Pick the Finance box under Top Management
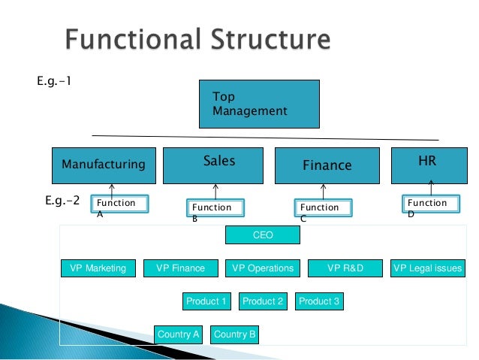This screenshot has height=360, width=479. point(327,165)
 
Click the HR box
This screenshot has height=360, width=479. point(426,165)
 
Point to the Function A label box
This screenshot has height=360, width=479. point(119,204)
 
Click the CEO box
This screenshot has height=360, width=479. point(263,235)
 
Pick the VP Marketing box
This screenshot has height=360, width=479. point(98,268)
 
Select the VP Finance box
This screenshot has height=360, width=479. point(180,268)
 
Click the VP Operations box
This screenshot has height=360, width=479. point(263,268)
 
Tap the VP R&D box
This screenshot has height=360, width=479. point(345,268)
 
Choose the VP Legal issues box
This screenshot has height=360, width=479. point(428,268)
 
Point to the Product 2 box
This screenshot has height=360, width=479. point(263,301)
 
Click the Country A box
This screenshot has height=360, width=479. point(179,334)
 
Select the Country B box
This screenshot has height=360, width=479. point(235,334)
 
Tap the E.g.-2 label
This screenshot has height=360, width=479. point(62,201)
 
